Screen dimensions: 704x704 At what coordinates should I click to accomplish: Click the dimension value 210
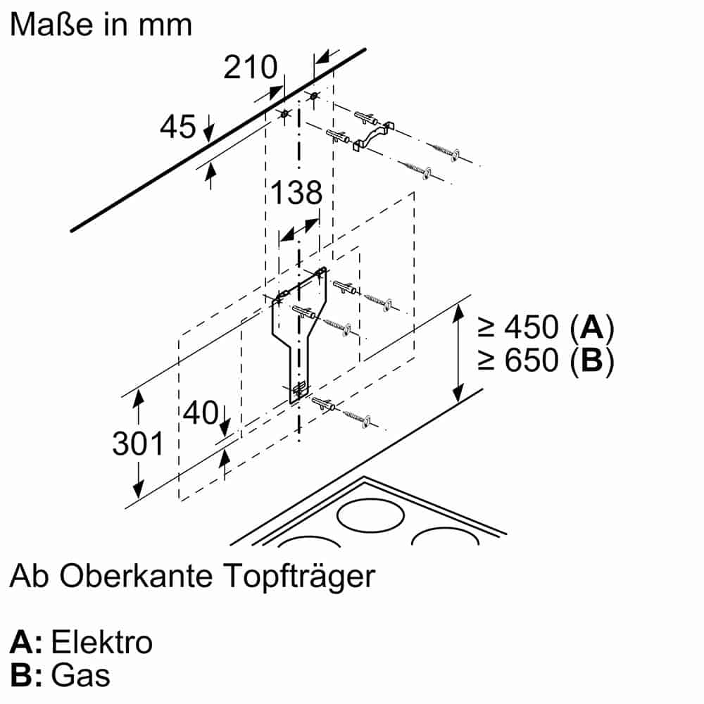click(251, 68)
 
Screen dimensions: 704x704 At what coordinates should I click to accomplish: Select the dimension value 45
click(177, 127)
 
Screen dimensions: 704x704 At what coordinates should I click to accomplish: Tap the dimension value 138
click(296, 193)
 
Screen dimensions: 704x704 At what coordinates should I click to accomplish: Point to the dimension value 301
click(138, 444)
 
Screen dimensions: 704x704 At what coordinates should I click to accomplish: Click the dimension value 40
click(201, 413)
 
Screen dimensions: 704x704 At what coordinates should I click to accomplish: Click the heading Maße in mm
click(101, 25)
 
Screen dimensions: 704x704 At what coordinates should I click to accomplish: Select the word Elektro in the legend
click(102, 642)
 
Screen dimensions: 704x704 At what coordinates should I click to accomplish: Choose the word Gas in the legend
click(81, 676)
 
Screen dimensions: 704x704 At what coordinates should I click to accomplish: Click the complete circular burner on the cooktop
click(370, 516)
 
